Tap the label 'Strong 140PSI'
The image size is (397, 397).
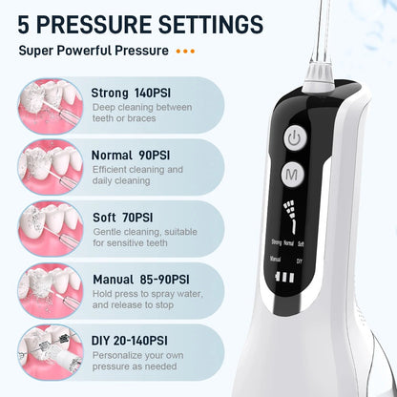pyautogui.click(x=136, y=93)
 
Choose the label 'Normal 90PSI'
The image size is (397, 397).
pyautogui.click(x=134, y=155)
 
